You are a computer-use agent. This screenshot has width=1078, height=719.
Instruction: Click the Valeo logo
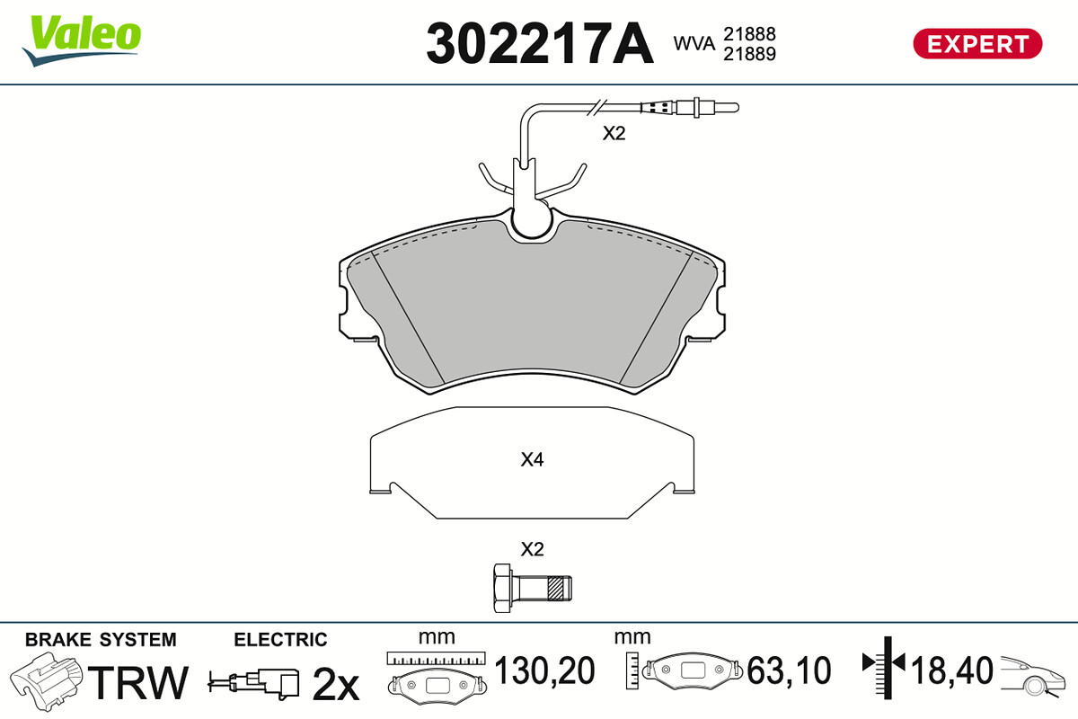pos(82,40)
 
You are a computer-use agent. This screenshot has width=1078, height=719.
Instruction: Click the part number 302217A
pos(540,44)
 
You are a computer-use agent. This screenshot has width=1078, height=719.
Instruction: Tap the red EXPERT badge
pos(977,44)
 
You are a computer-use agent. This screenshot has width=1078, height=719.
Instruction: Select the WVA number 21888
pos(749,34)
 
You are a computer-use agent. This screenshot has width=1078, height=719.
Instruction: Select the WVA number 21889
pos(749,54)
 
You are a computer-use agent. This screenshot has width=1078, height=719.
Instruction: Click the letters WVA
pos(694,43)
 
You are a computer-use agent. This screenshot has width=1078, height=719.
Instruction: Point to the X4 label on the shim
pos(532,459)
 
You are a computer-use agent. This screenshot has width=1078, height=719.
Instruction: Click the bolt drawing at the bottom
pos(532,589)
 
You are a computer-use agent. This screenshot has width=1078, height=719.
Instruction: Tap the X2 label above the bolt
pos(532,549)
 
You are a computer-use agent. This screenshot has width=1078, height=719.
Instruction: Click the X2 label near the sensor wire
pos(614,133)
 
